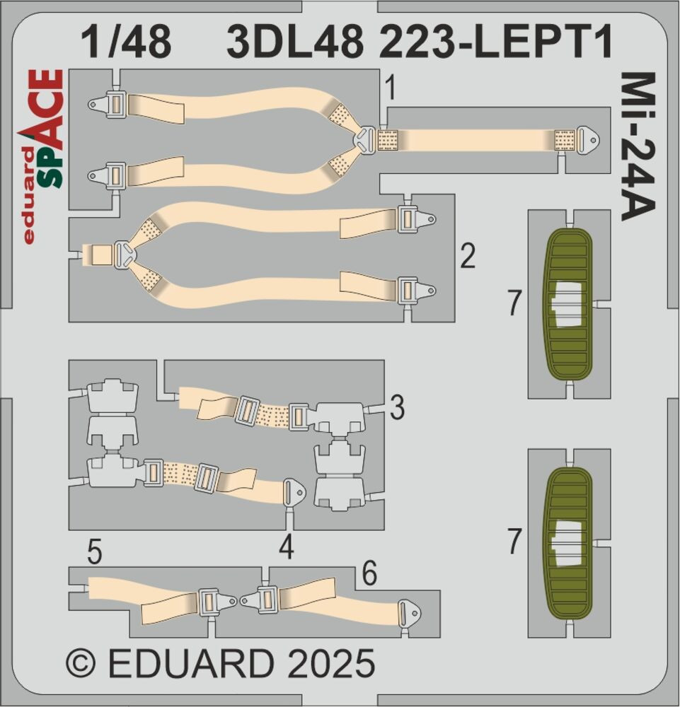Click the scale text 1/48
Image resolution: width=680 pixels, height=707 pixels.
126,42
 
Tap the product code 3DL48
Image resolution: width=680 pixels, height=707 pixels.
296,42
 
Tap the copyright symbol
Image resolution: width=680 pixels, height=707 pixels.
81,663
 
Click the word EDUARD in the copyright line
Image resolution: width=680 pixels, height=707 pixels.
192,663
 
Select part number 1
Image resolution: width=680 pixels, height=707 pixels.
391,88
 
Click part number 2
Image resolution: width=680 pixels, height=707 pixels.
468,256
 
